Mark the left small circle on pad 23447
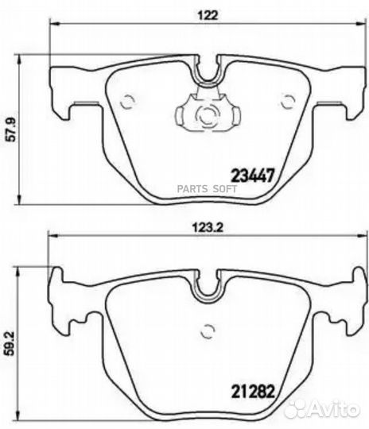point(125,100)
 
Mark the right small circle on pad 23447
point(288,100)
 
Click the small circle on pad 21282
point(208,328)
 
